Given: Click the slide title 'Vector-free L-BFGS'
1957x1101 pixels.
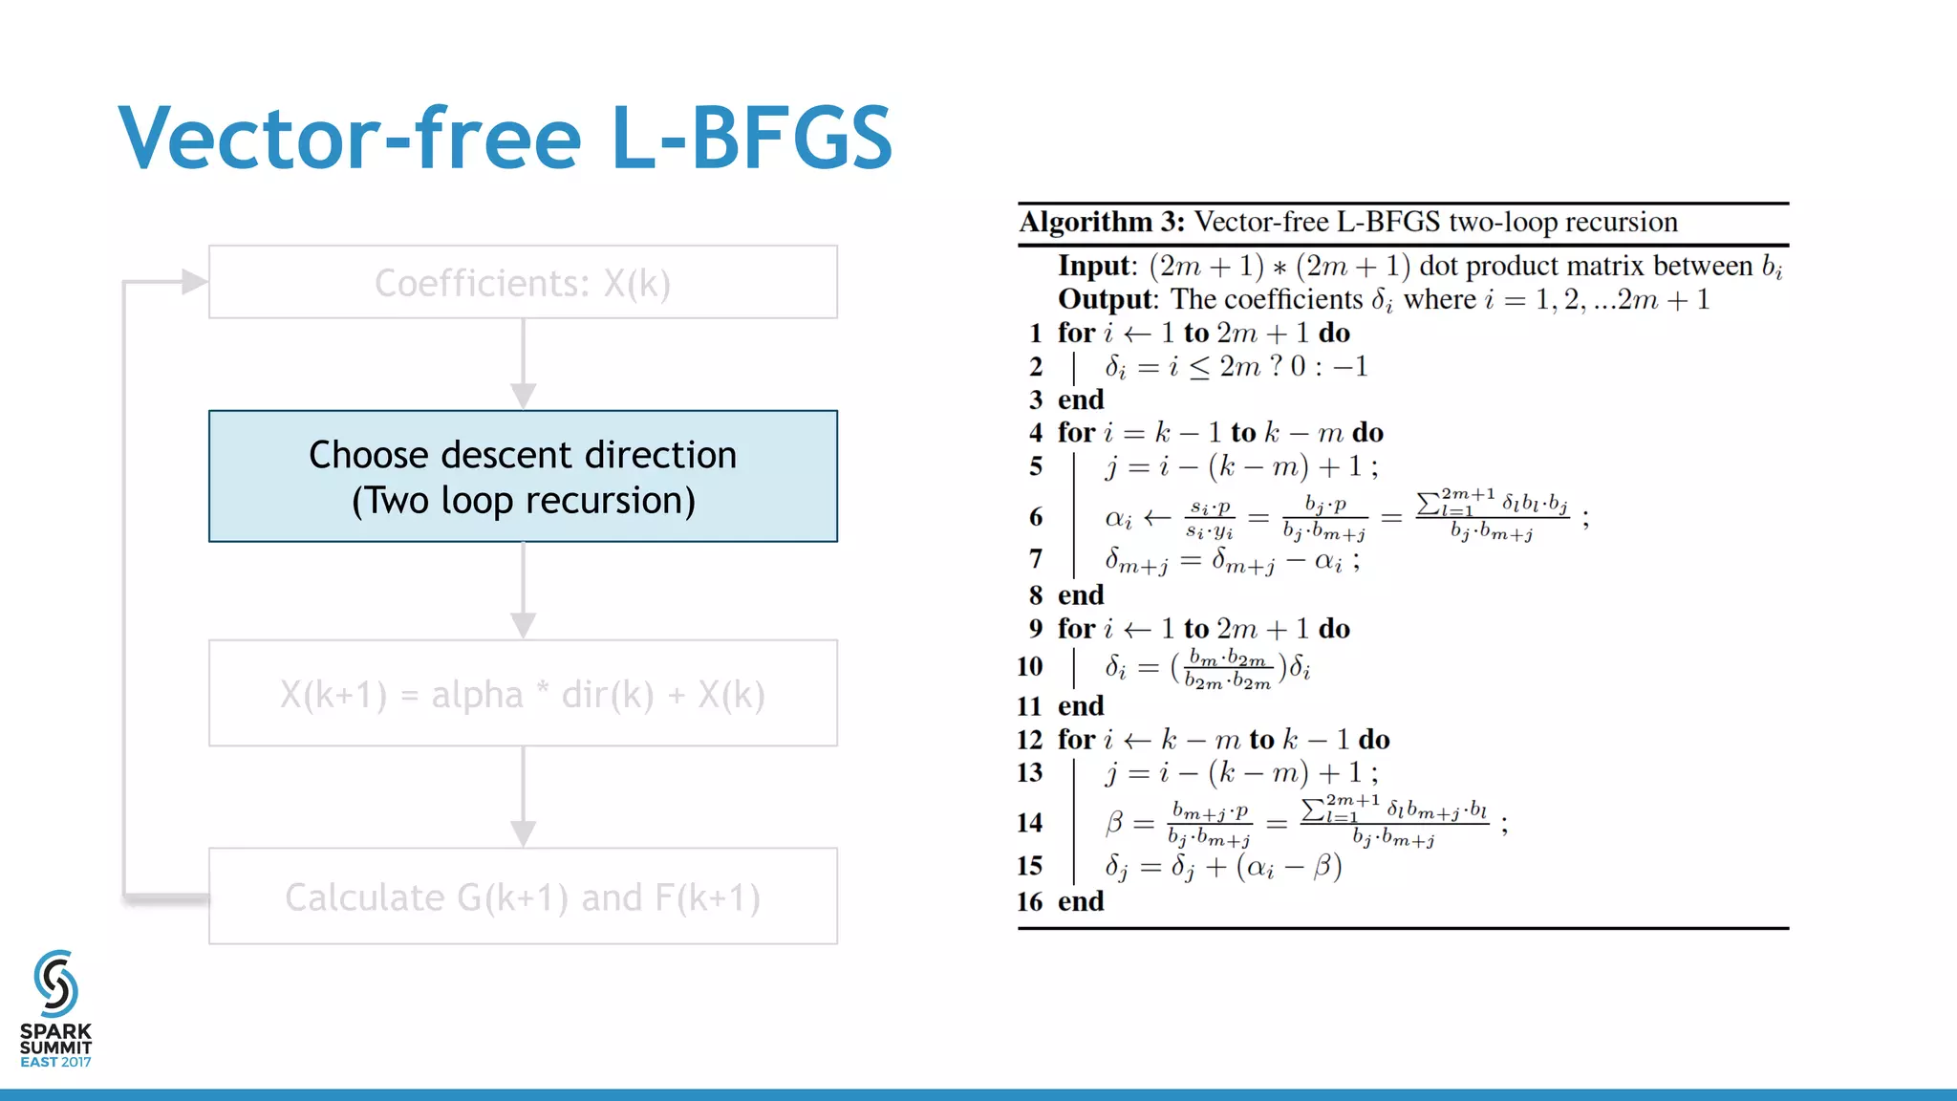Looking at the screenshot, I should [x=505, y=139].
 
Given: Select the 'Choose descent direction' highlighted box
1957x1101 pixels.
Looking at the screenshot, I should [x=523, y=476].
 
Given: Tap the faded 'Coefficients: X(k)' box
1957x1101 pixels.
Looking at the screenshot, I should [x=523, y=282].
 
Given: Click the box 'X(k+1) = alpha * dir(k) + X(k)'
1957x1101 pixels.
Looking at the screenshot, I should [x=523, y=694].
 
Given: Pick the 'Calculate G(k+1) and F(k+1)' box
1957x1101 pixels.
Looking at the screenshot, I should [x=523, y=896].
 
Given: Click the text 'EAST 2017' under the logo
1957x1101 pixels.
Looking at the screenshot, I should [x=55, y=1062].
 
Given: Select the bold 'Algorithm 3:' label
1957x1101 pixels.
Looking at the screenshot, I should [x=1102, y=222].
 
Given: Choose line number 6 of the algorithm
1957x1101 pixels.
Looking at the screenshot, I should [x=1036, y=517].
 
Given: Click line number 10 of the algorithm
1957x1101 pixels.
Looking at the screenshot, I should [x=1030, y=666].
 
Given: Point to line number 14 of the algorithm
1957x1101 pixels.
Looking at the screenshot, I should [x=1030, y=822].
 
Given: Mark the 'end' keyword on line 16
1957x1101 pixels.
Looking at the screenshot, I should [x=1081, y=901].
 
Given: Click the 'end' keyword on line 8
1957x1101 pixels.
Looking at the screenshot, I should [x=1081, y=595].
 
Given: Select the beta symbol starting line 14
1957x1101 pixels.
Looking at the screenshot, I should [x=1114, y=822].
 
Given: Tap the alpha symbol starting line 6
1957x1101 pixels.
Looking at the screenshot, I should [x=1118, y=519].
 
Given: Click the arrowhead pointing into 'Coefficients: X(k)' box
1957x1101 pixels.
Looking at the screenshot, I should [x=195, y=282].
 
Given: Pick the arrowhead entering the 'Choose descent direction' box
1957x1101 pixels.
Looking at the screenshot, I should [x=523, y=396].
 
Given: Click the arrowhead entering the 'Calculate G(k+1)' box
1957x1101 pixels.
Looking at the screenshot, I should [x=523, y=833].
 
